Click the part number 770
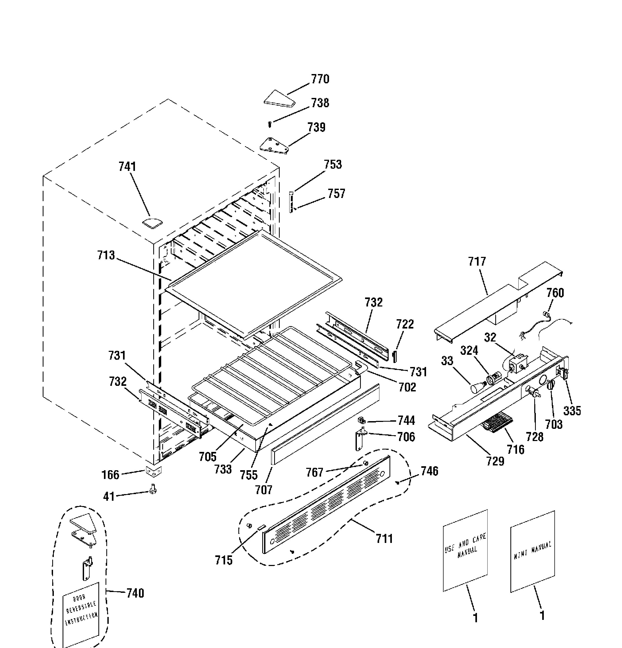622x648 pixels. coord(320,79)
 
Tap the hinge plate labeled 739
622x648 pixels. coord(274,145)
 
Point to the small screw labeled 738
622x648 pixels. coord(270,124)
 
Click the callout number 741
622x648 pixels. coord(128,167)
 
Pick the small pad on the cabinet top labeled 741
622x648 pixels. coord(153,222)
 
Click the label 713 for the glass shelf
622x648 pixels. coord(106,255)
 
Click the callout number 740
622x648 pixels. coord(135,593)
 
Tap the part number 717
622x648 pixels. coord(477,262)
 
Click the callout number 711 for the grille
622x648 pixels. coord(384,539)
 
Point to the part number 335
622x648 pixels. coord(572,411)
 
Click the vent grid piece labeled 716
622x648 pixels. coord(497,422)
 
